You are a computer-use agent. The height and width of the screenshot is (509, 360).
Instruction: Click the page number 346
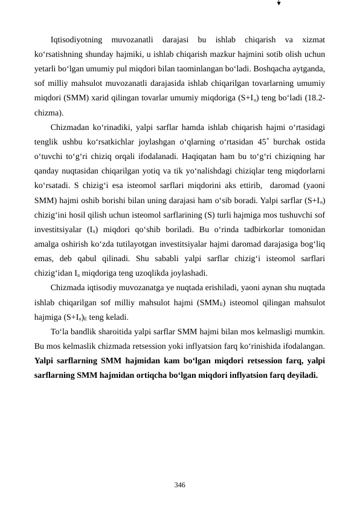click(179, 485)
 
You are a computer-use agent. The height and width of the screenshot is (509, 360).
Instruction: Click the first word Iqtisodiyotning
click(77, 41)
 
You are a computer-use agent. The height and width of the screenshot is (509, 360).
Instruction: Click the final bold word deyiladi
click(300, 375)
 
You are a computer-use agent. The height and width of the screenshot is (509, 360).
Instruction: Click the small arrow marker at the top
click(279, 4)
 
